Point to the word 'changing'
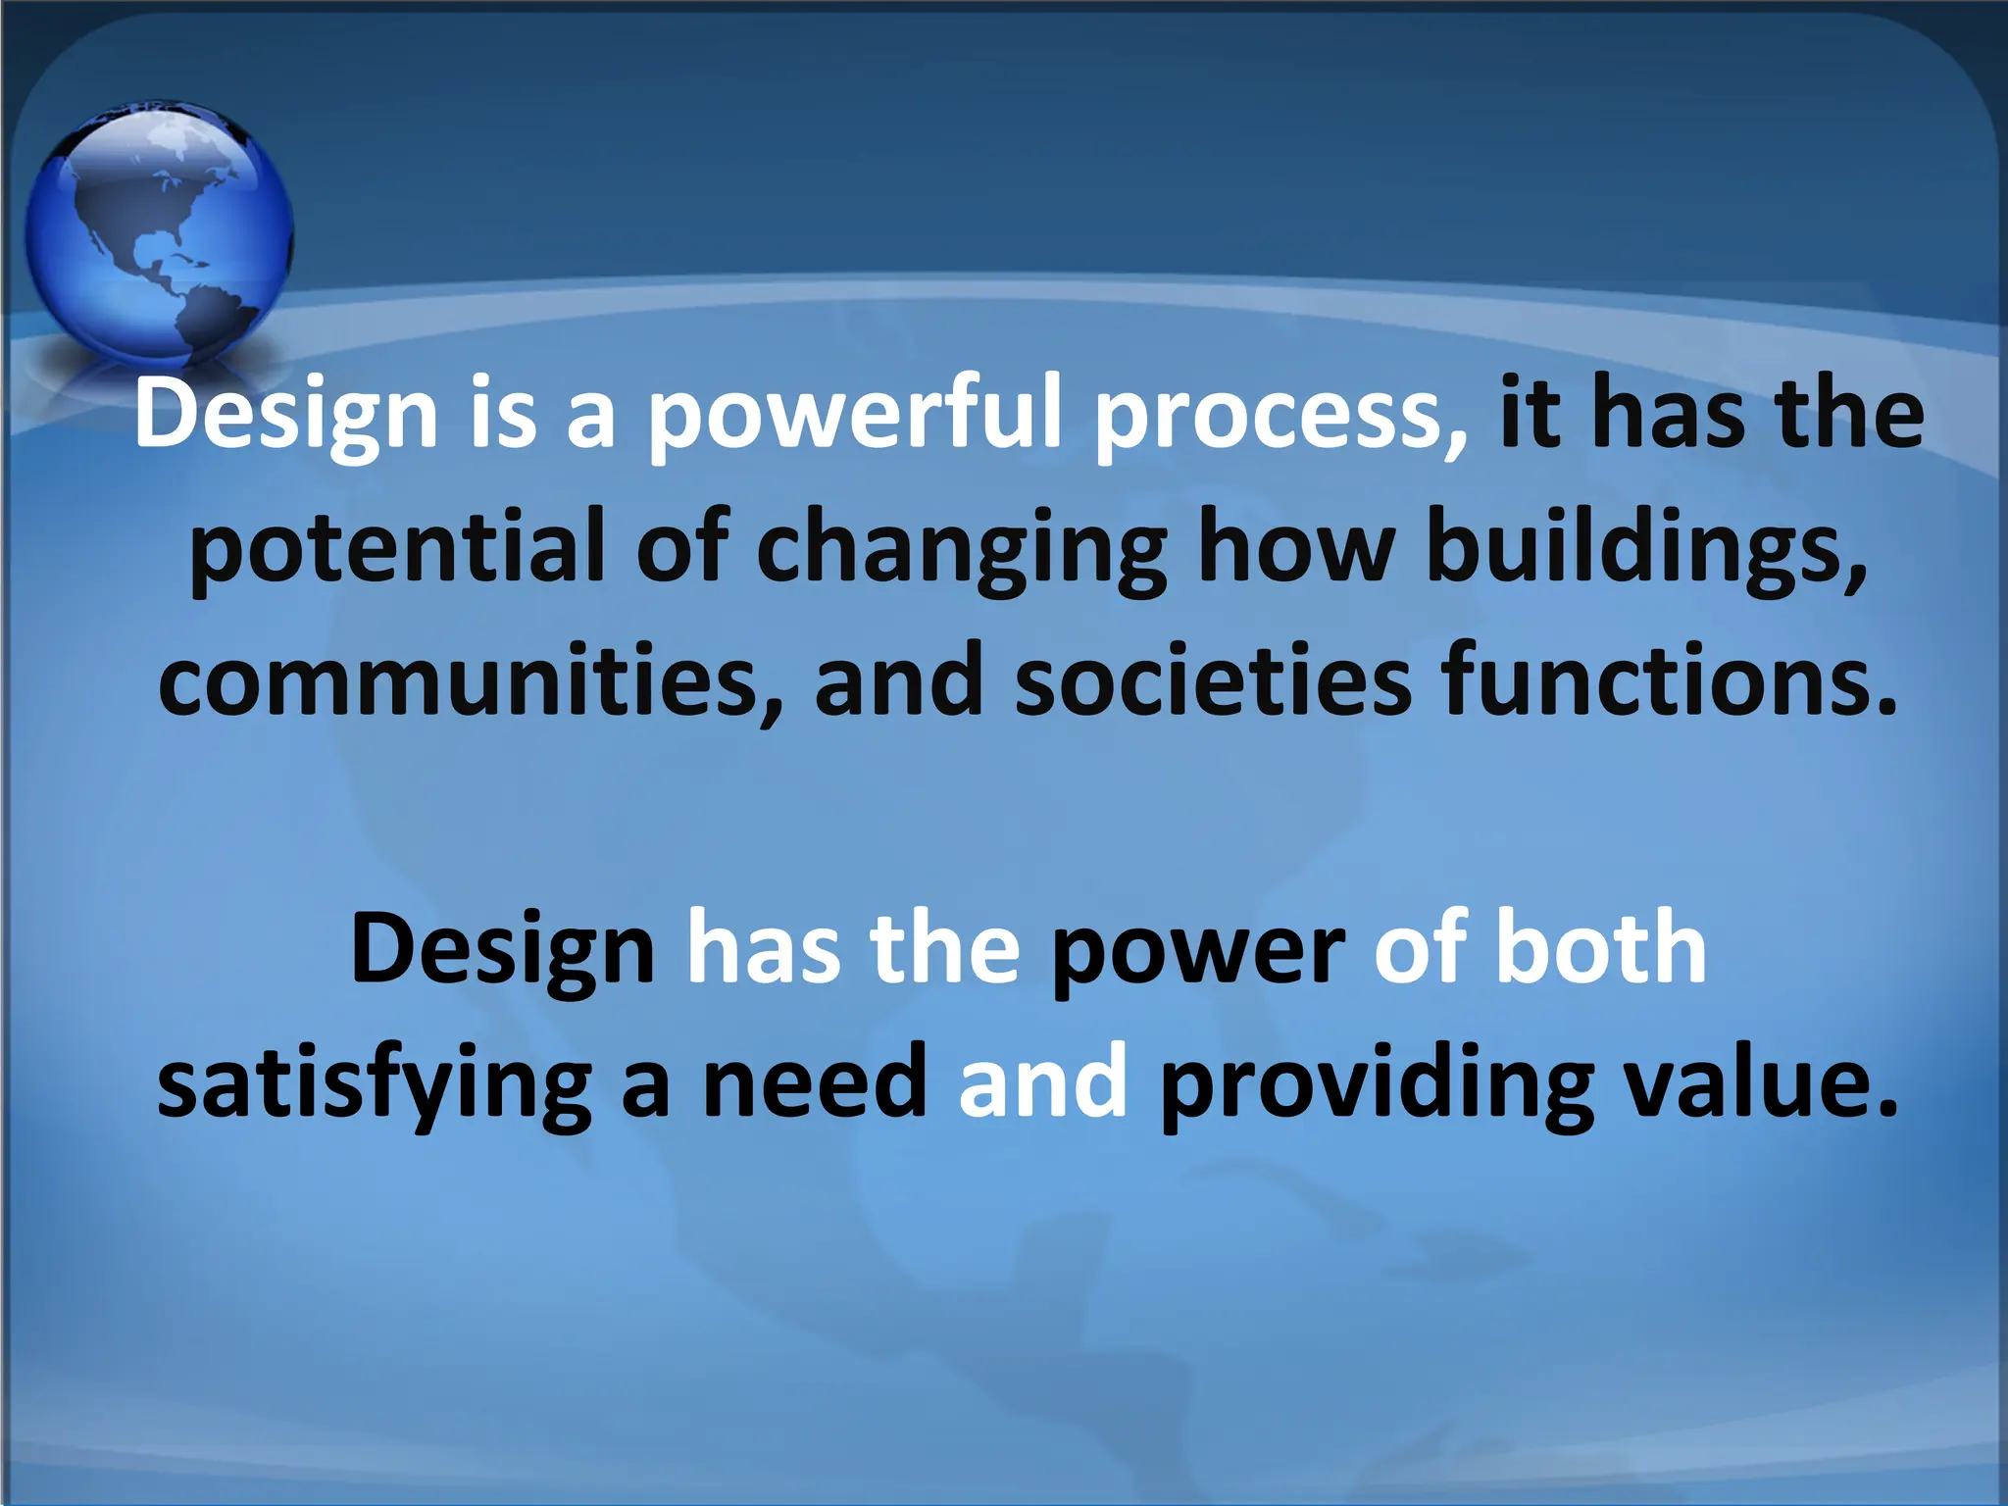point(962,549)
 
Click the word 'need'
point(815,1082)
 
